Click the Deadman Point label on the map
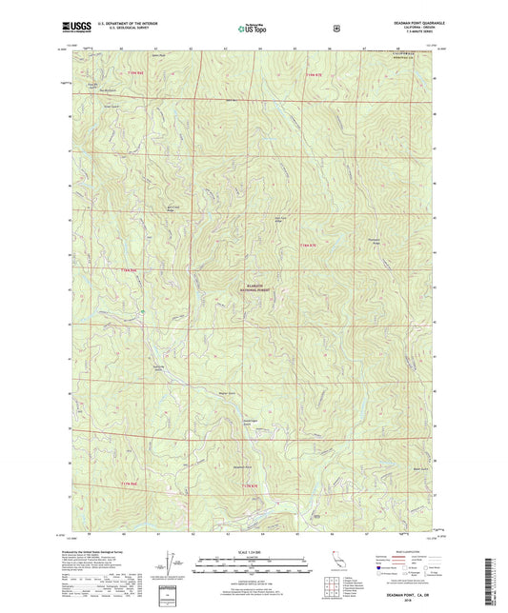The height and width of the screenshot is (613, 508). coord(215,467)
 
